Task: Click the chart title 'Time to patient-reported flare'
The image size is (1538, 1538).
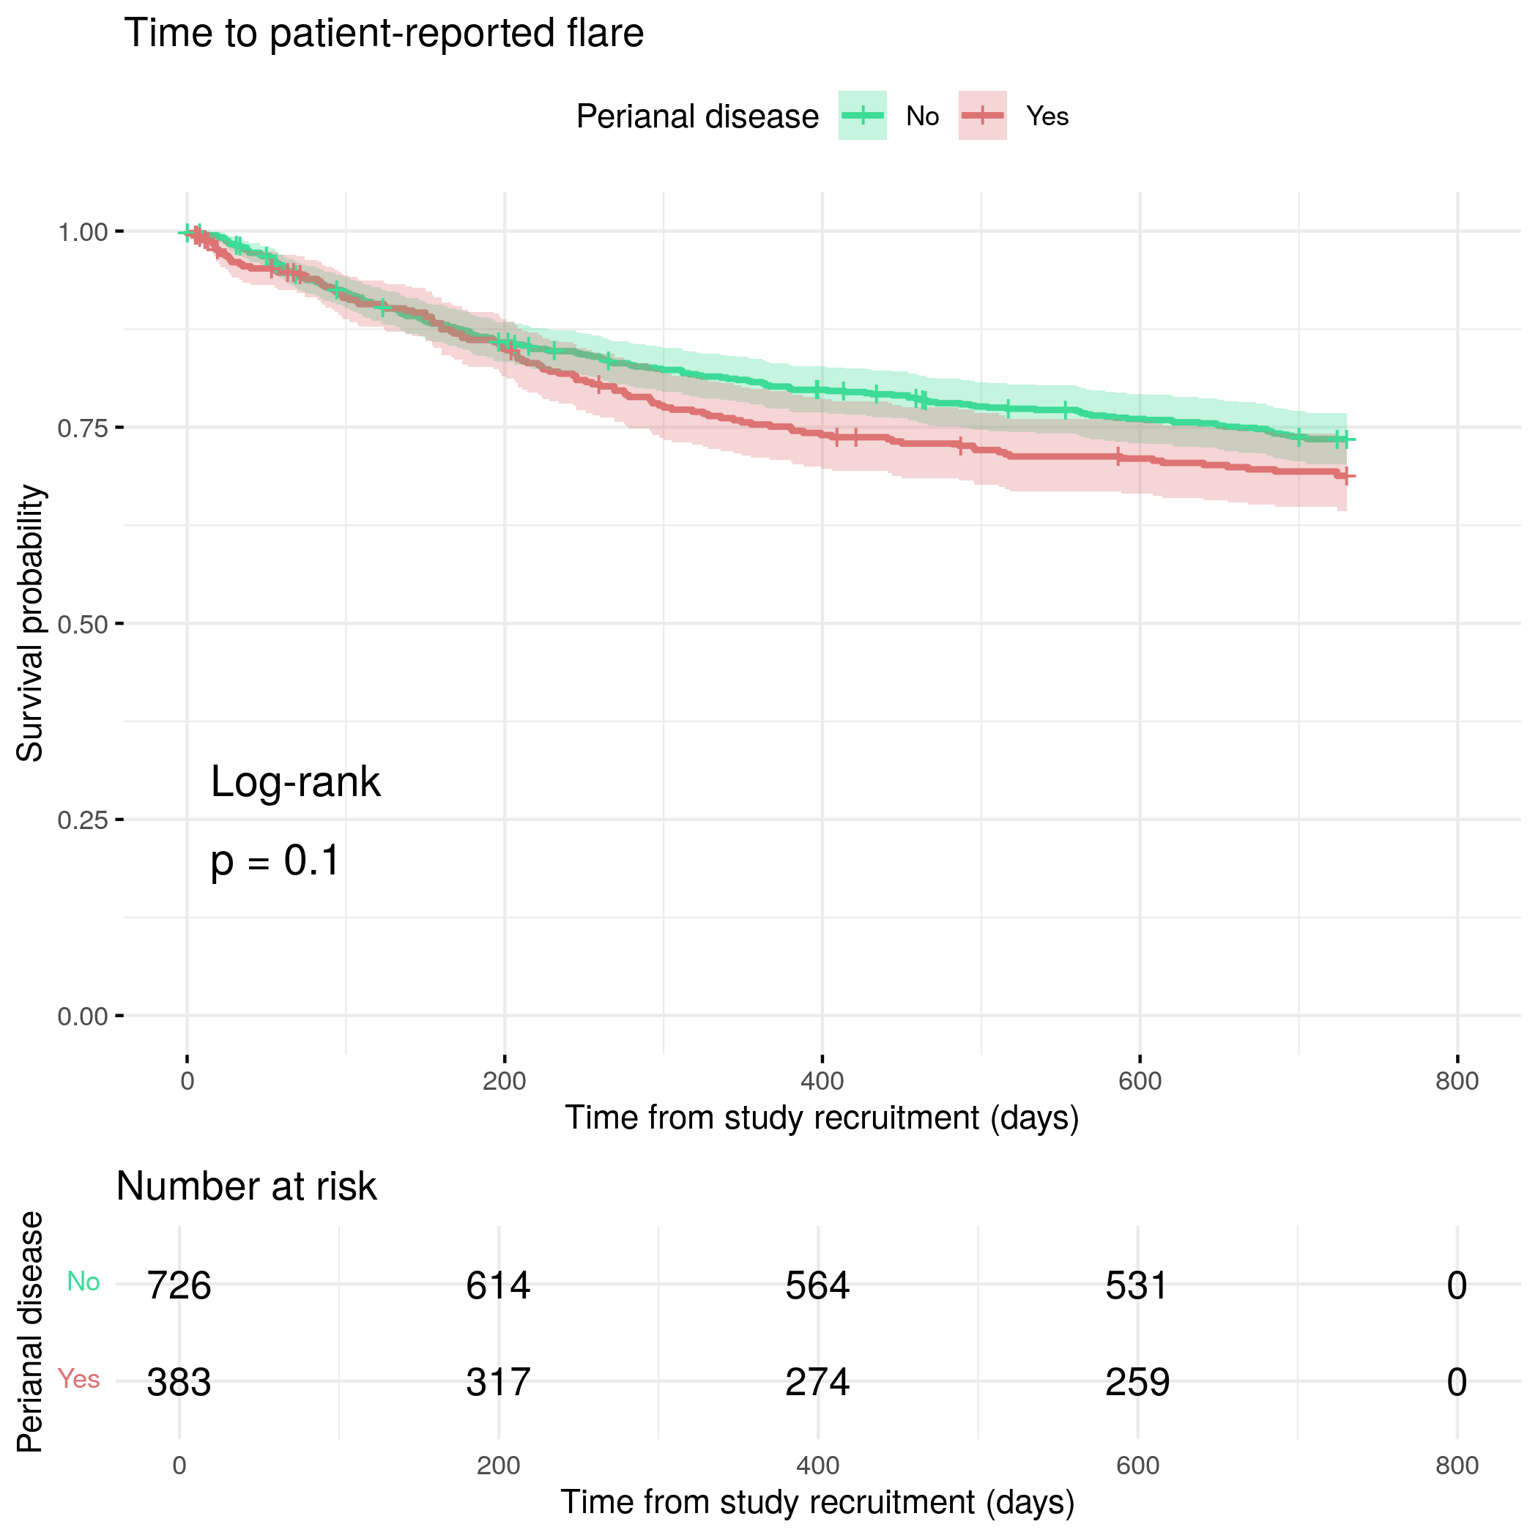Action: pyautogui.click(x=384, y=34)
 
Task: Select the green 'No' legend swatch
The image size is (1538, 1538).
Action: pyautogui.click(x=862, y=116)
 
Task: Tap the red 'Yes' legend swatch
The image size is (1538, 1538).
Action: pyautogui.click(x=982, y=116)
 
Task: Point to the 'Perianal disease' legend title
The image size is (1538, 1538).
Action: pyautogui.click(x=697, y=117)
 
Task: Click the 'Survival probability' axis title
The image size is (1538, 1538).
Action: pyautogui.click(x=30, y=623)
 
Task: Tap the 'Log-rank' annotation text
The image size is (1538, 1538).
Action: pyautogui.click(x=295, y=781)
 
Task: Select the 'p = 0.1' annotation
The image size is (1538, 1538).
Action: pyautogui.click(x=275, y=861)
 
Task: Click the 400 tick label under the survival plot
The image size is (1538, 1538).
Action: pyautogui.click(x=822, y=1081)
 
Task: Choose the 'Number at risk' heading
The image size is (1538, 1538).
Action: pyautogui.click(x=246, y=1187)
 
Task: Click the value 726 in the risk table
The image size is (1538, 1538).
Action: pyautogui.click(x=179, y=1285)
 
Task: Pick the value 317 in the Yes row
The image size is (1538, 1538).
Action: pyautogui.click(x=498, y=1382)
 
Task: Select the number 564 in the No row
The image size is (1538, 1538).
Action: pyautogui.click(x=817, y=1285)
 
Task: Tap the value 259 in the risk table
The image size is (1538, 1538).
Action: pyautogui.click(x=1137, y=1382)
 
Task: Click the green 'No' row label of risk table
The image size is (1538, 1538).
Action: pyautogui.click(x=83, y=1282)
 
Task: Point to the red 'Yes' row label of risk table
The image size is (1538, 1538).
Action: pyautogui.click(x=79, y=1379)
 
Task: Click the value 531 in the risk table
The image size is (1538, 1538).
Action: pyautogui.click(x=1137, y=1285)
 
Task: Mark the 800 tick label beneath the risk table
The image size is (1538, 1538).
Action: pyautogui.click(x=1457, y=1465)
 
